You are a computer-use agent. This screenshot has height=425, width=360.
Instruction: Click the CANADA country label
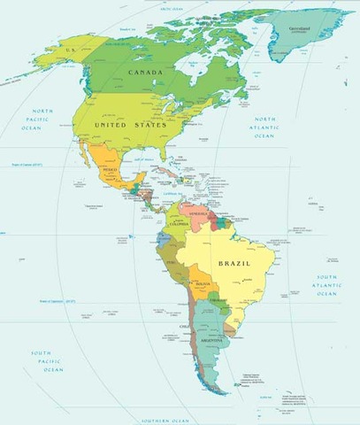tap(145, 72)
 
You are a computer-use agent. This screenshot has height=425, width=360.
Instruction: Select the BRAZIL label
tap(234, 263)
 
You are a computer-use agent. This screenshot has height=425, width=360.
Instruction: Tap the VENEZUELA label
tap(200, 213)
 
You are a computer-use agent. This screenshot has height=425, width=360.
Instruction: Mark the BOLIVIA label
tap(203, 282)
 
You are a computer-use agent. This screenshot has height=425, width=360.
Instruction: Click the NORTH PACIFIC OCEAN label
tap(40, 120)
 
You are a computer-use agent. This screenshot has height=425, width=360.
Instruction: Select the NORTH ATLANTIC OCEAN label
tap(264, 127)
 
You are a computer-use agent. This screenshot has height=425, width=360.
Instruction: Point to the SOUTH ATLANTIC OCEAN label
tap(326, 285)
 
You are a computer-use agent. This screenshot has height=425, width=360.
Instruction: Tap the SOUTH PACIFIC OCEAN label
tap(45, 361)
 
